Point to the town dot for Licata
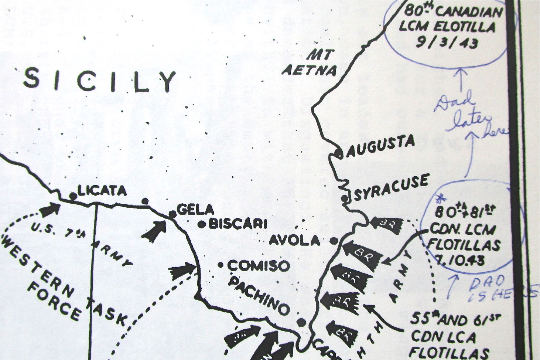[x=73, y=196]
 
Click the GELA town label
[x=195, y=210]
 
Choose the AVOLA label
[x=294, y=241]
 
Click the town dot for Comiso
[x=221, y=265]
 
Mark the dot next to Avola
[x=334, y=241]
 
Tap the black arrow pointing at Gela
[x=154, y=232]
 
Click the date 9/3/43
[x=447, y=42]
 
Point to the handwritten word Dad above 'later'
[x=454, y=102]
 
